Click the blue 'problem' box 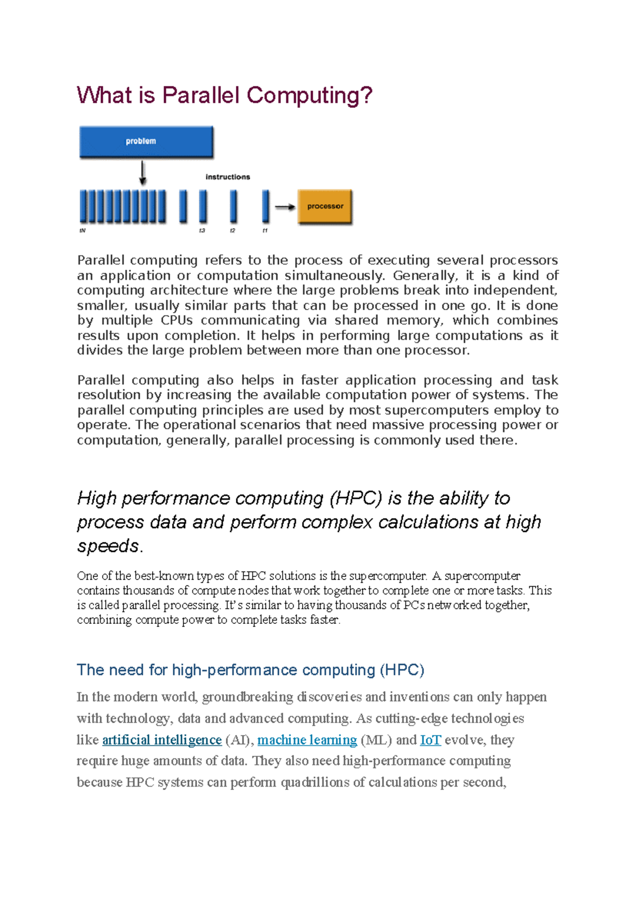(x=146, y=142)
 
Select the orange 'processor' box (x=325, y=206)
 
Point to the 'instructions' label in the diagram (x=227, y=177)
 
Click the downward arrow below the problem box (x=142, y=173)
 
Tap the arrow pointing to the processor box (x=285, y=207)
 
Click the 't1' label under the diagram (x=265, y=231)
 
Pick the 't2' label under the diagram (x=232, y=231)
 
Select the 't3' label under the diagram (x=201, y=231)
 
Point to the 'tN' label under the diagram (x=82, y=231)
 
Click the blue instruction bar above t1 (x=266, y=206)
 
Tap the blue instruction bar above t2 (x=233, y=206)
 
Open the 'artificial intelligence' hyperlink (x=162, y=739)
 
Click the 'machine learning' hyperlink (x=307, y=739)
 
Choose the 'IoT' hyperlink (x=430, y=739)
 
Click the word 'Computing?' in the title (x=310, y=95)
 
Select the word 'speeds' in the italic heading (x=108, y=545)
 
